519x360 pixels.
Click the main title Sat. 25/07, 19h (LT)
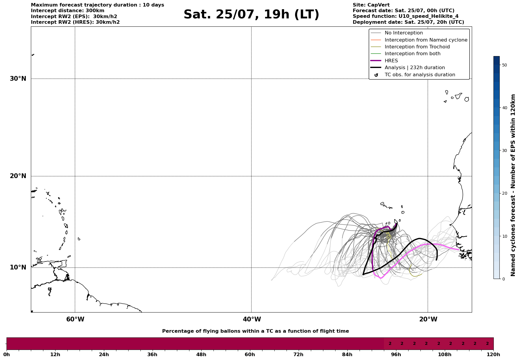pos(251,15)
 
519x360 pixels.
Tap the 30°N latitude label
pos(18,79)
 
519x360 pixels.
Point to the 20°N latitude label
pos(18,176)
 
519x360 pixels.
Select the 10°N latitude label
pos(18,267)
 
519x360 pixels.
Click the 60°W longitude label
pos(75,319)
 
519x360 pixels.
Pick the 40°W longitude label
pos(252,319)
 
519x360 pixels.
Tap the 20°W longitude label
pos(428,319)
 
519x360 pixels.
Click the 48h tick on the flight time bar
pos(201,354)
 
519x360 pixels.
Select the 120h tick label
pos(493,354)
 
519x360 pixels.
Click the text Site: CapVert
pos(371,5)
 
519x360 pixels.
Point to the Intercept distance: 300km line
pos(68,11)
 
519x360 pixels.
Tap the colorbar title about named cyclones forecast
pos(513,185)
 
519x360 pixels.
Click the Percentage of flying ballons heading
pos(255,331)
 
